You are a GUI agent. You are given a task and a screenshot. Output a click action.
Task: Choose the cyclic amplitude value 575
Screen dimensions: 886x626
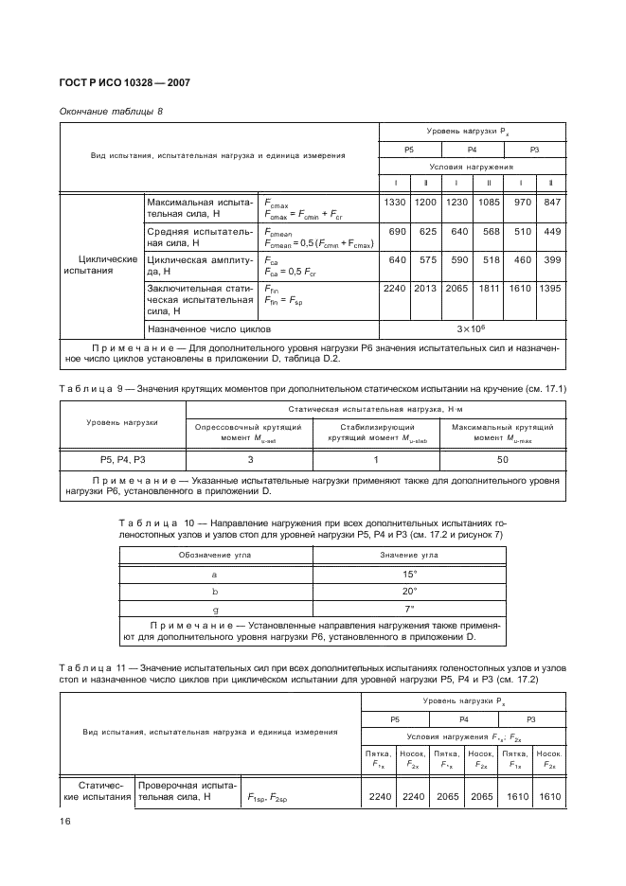click(425, 260)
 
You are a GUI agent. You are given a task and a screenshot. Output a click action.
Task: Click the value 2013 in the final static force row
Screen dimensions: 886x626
click(425, 289)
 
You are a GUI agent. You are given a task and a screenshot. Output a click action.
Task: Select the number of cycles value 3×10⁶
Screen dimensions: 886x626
click(472, 328)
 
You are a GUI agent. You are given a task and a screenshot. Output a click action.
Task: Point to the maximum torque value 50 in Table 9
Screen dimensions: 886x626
click(502, 459)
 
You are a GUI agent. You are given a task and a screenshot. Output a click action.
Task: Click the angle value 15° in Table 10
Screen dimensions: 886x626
click(409, 574)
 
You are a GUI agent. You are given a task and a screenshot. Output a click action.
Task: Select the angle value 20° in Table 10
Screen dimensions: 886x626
click(409, 591)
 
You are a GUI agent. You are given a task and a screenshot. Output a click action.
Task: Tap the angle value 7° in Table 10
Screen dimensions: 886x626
click(409, 608)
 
